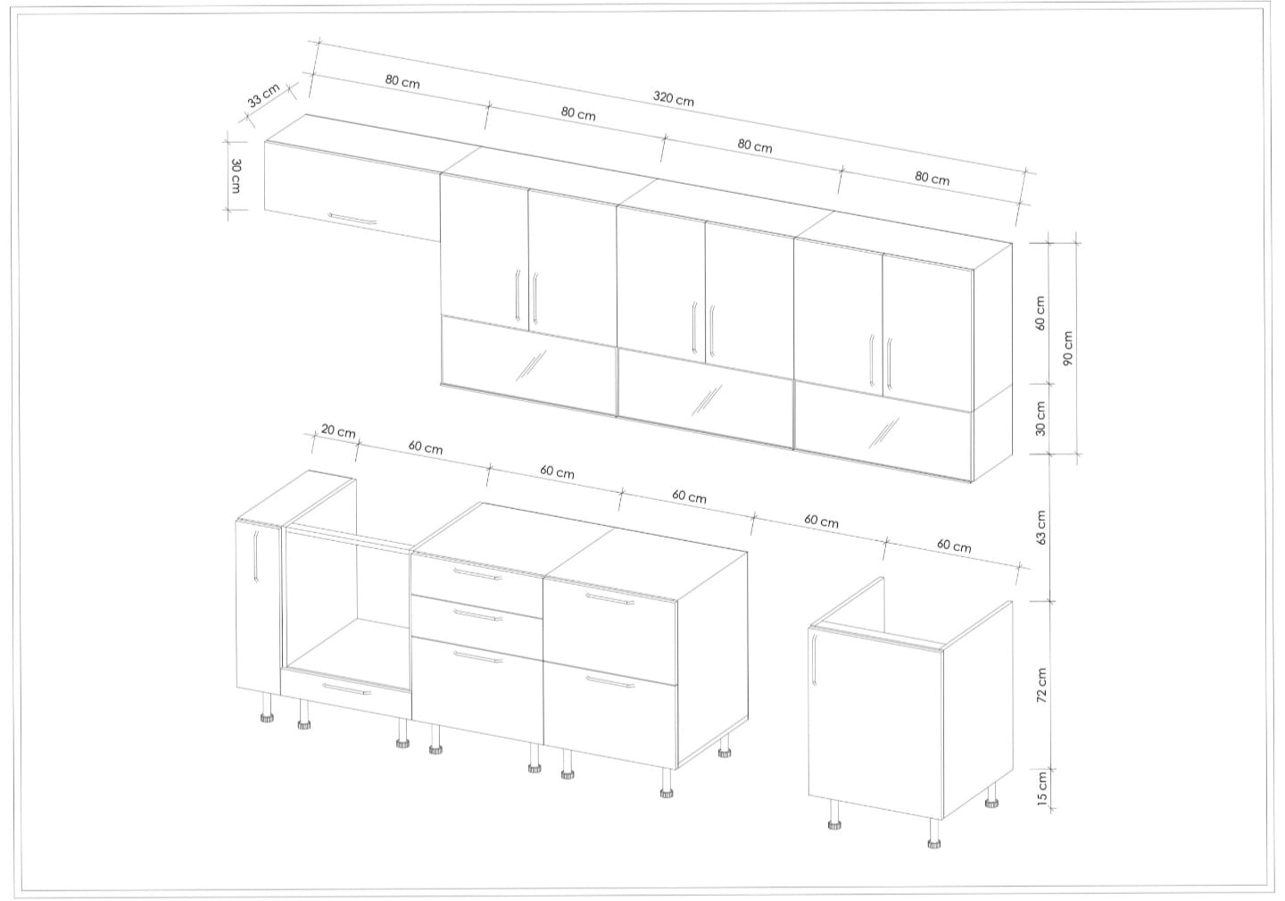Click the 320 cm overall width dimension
coord(673,99)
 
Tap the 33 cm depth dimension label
coord(264,96)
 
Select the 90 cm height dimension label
coord(1067,348)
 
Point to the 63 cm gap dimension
coord(1041,528)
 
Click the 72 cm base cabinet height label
coord(1041,685)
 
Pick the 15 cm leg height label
coord(1042,788)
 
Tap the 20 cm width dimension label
coord(338,431)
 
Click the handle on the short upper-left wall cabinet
coord(352,219)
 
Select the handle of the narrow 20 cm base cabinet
coord(256,556)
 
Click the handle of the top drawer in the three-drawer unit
coord(477,574)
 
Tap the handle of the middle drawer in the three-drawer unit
coord(477,615)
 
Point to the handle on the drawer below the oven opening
coord(346,689)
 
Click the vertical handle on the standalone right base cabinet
coord(814,660)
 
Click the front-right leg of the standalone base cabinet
coord(934,833)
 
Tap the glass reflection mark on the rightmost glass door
coord(883,433)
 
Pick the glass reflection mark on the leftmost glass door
coord(531,365)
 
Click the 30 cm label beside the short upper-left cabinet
coord(236,176)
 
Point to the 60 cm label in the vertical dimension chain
coord(1040,313)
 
